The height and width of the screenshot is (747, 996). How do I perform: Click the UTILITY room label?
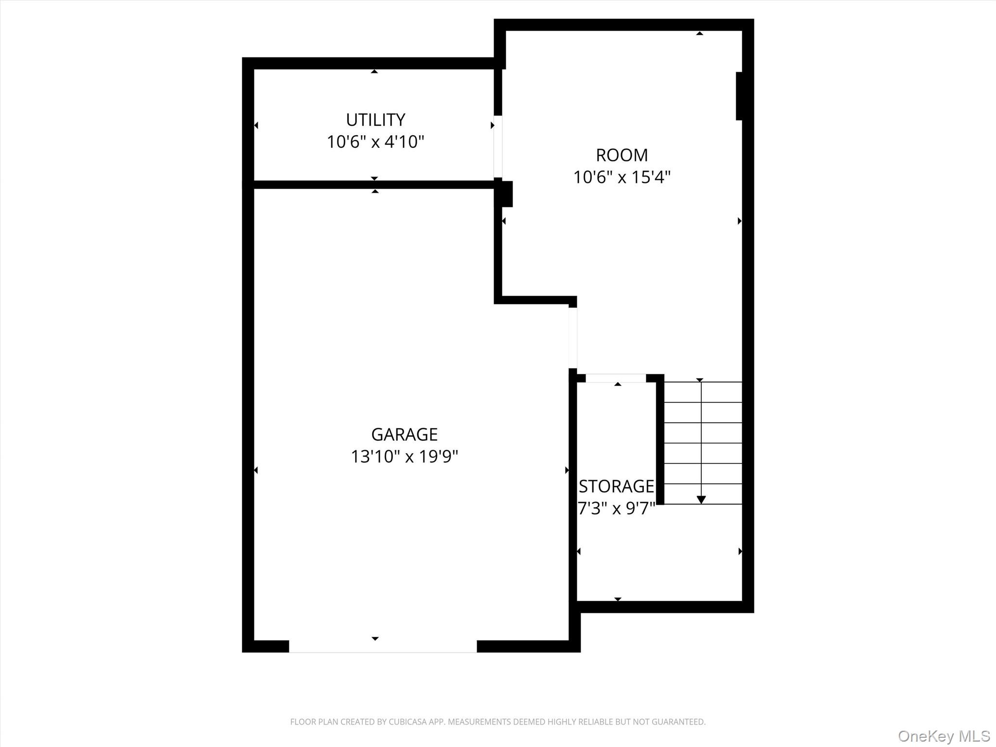[375, 120]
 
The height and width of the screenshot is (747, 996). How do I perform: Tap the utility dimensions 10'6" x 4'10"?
[375, 142]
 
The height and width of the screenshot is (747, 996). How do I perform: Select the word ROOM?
[622, 155]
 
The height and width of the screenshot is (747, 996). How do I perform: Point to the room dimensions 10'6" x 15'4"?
[622, 177]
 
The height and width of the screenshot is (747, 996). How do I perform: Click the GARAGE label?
[404, 434]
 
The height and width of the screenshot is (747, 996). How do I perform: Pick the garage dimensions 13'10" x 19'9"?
[404, 457]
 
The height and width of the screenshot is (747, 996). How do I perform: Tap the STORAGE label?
[616, 486]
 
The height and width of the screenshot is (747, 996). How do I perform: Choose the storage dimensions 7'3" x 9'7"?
[616, 509]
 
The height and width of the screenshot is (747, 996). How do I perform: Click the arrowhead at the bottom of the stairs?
[701, 500]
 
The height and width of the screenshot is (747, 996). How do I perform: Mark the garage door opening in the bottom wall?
[383, 646]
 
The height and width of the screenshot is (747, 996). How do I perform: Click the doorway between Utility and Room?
[498, 146]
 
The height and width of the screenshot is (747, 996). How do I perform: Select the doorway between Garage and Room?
[573, 338]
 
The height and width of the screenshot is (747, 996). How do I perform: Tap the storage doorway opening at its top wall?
[616, 378]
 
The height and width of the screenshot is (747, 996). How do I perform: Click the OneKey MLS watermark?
[944, 736]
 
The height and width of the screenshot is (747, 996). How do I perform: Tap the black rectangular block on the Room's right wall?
[739, 96]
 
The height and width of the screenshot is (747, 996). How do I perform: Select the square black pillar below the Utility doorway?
[503, 194]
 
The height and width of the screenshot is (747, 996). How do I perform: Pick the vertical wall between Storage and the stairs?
[660, 439]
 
